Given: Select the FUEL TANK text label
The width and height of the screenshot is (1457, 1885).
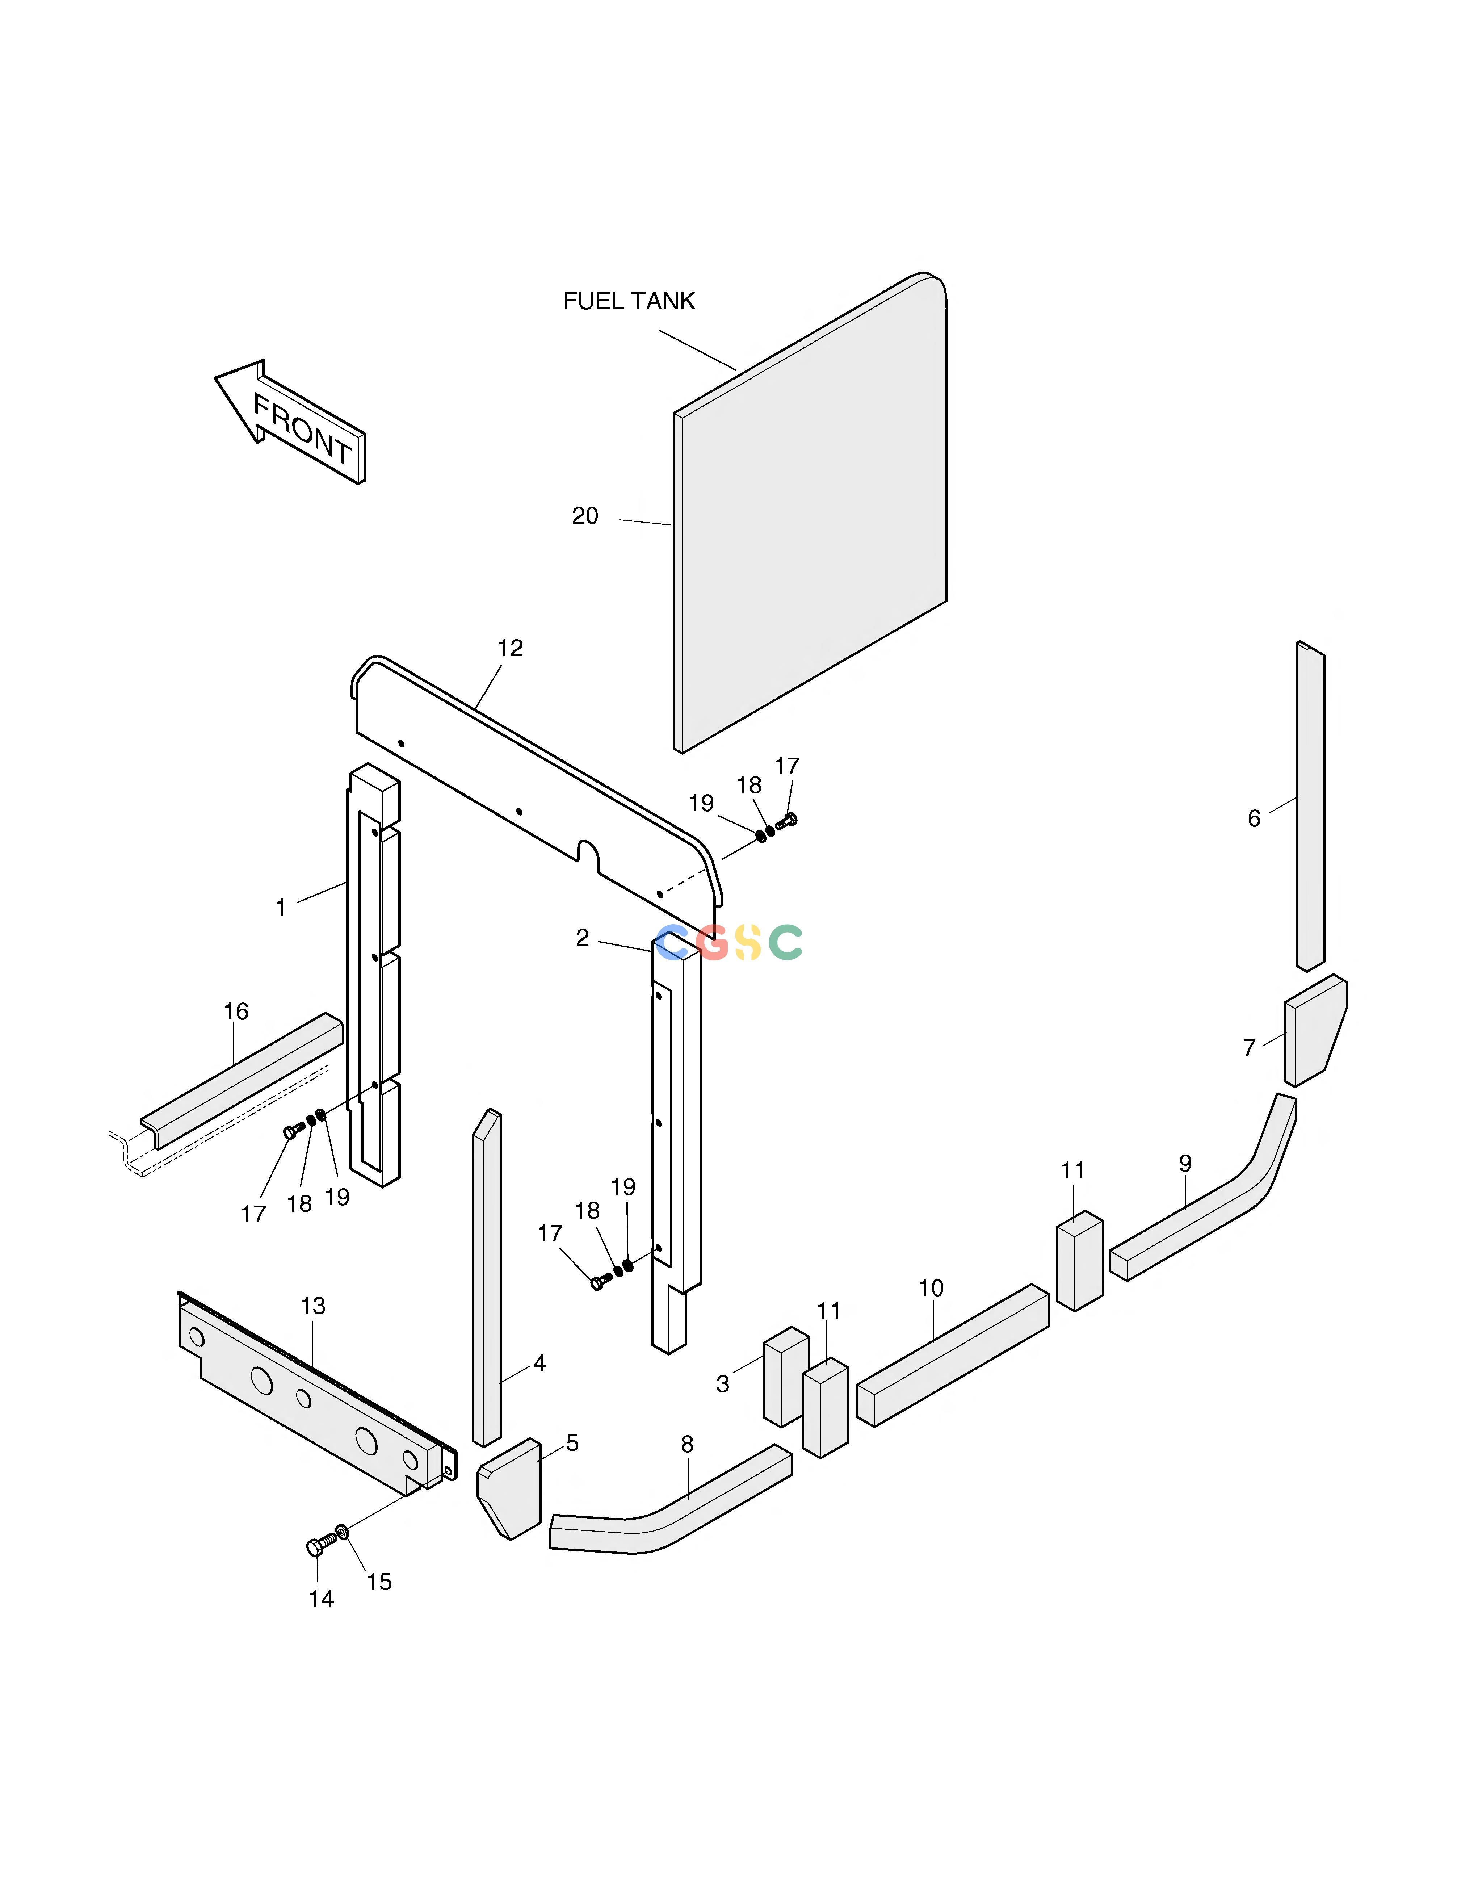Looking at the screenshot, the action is coord(629,301).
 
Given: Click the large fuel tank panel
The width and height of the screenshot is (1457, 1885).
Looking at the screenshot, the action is coord(810,513).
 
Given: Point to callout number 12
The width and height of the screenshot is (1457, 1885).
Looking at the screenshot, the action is coord(510,648).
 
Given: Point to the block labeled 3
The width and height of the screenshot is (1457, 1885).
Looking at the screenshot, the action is coord(785,1377).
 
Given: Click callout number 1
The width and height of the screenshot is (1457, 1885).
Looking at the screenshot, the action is coord(281,908).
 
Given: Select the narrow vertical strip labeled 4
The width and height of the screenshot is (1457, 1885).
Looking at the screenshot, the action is coord(487,1277).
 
